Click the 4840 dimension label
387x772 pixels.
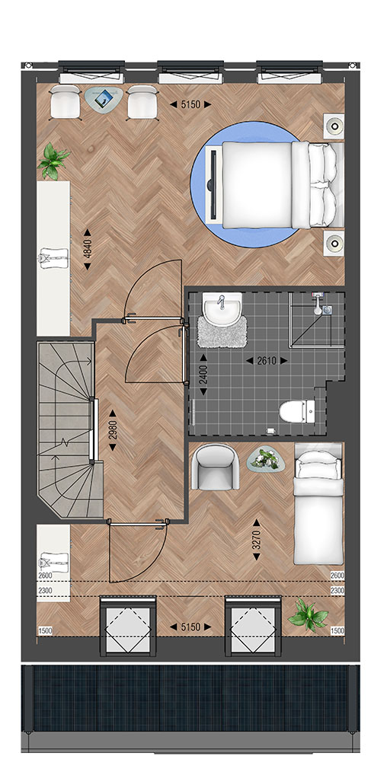tap(87, 249)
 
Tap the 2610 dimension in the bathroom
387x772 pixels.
tap(267, 361)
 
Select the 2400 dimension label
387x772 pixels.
tap(203, 379)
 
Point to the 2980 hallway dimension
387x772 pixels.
tap(113, 431)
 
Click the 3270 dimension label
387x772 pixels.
tap(256, 540)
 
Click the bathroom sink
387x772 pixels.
tap(222, 309)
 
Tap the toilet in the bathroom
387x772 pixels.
tap(297, 412)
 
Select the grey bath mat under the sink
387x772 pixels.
tap(222, 331)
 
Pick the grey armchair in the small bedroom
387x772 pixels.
tap(215, 467)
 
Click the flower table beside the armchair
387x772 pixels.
tap(266, 459)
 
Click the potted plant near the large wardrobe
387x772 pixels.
tap(53, 161)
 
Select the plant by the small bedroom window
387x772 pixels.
tap(309, 614)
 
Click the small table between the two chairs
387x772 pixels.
tap(104, 100)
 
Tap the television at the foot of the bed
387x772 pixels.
tap(213, 185)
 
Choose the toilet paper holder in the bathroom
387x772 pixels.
tap(270, 431)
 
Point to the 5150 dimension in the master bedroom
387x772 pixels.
tap(190, 104)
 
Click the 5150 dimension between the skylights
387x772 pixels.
tap(190, 627)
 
